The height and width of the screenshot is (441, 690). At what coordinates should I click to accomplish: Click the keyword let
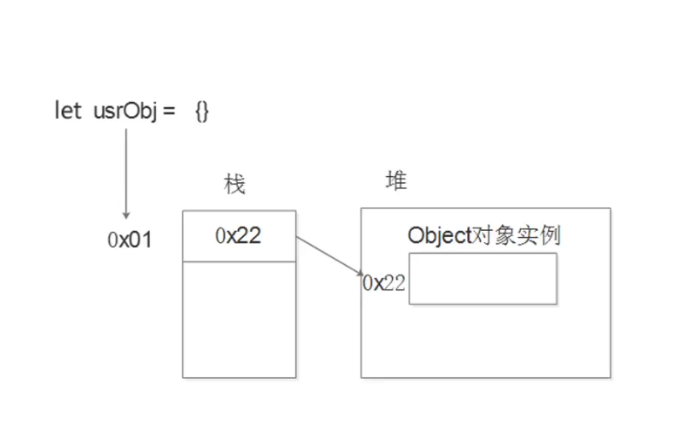click(68, 112)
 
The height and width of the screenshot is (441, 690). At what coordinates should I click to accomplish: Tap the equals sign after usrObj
click(169, 112)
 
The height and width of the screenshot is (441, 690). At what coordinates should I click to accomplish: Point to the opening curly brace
click(198, 112)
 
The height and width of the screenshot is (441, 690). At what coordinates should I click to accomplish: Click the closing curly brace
click(206, 112)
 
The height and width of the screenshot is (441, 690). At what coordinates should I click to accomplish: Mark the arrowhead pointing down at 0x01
click(126, 214)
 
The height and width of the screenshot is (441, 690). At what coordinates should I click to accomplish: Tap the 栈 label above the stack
click(234, 184)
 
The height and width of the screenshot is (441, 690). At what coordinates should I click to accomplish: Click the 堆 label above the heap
click(396, 181)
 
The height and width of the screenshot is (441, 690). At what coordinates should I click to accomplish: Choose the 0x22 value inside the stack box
click(238, 235)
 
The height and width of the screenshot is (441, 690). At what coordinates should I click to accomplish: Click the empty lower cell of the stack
click(239, 319)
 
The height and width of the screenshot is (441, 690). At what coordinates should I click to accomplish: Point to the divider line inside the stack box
click(239, 261)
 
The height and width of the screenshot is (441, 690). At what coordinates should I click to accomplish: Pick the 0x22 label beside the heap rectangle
click(384, 282)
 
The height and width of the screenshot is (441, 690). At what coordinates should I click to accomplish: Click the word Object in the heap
click(439, 235)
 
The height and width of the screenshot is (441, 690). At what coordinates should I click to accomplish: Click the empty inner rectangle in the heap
click(482, 279)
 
